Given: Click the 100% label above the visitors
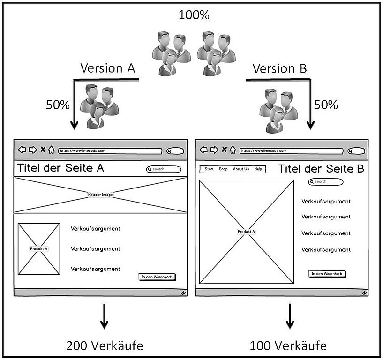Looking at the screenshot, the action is tap(194, 15).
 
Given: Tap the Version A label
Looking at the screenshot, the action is tap(108, 68).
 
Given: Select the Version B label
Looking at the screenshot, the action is tap(280, 68).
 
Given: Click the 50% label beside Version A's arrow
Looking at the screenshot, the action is tap(58, 105).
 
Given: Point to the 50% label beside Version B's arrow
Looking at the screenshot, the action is tap(326, 105).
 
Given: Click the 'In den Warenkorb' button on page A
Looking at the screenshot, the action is tap(157, 277).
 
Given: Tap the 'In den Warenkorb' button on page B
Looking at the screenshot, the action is tap(327, 274).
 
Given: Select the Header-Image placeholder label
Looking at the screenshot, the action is tap(100, 195).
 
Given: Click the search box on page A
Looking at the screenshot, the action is tap(164, 169).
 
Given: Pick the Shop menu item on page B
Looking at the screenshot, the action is tap(223, 169).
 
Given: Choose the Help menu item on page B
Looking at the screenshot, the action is tap(258, 169).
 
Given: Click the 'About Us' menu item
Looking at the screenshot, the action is tap(241, 169).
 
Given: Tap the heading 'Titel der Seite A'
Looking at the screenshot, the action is tap(60, 168).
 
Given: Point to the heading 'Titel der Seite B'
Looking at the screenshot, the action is tap(321, 169).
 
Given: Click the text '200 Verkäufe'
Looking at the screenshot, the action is tap(105, 346).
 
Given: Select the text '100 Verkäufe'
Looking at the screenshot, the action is tap(288, 346).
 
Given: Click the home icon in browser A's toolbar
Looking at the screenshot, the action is tap(51, 150).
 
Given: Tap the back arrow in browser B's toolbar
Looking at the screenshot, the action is tap(203, 150).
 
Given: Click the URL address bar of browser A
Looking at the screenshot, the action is tap(110, 151).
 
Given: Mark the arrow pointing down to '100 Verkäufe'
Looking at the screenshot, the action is tap(290, 316).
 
